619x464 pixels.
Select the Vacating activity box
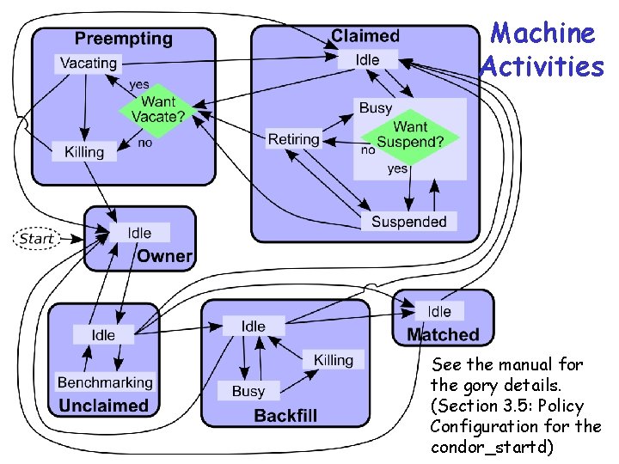click(x=89, y=63)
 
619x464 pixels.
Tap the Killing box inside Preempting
click(x=83, y=152)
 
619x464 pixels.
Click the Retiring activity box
click(x=293, y=139)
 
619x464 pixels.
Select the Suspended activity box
click(x=409, y=222)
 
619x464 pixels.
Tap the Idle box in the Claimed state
click(x=367, y=59)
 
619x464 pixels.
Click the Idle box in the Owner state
click(x=139, y=233)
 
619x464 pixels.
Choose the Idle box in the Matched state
click(x=439, y=311)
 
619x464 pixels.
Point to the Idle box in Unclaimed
click(x=103, y=334)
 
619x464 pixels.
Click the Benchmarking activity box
click(x=105, y=382)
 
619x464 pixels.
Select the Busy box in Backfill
click(x=248, y=391)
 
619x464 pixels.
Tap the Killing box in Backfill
click(x=334, y=359)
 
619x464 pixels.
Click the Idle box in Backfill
click(x=254, y=326)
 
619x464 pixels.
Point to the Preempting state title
click(x=123, y=39)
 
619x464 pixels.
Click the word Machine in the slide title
click(x=542, y=34)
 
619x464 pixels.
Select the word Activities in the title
click(x=542, y=66)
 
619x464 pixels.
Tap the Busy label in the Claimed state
click(x=376, y=107)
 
